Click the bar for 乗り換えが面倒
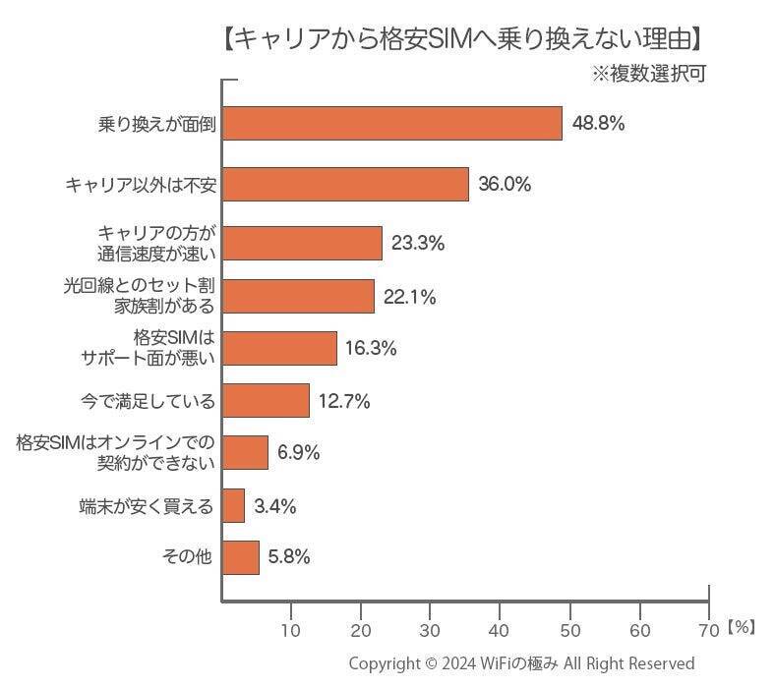[x=392, y=124]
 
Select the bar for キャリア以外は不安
[x=346, y=184]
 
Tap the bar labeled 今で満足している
[x=266, y=400]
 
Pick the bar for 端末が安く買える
[x=233, y=505]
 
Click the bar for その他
[x=241, y=556]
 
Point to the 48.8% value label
[x=598, y=124]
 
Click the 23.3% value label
[x=417, y=244]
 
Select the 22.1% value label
[x=409, y=296]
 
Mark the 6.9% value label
[x=299, y=453]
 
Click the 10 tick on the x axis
[x=291, y=629]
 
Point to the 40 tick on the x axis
[x=501, y=629]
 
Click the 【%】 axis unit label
[x=743, y=626]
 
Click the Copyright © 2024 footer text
[x=521, y=663]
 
